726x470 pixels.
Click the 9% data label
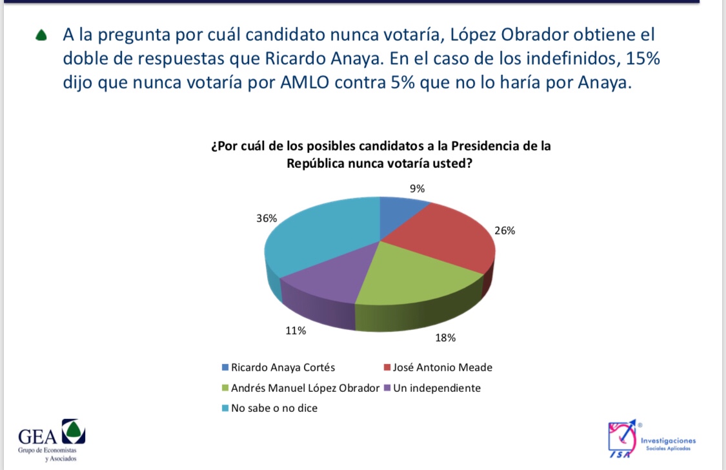[x=417, y=189]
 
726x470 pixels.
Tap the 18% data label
[x=445, y=338]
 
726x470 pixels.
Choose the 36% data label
[x=267, y=218]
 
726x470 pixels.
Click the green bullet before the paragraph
[x=42, y=36]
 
